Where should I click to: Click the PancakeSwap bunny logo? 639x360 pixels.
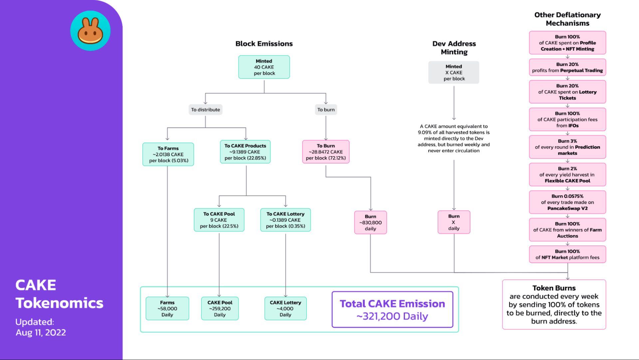(90, 31)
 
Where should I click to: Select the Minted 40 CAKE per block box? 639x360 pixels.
(264, 67)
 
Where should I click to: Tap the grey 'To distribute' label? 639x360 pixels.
(205, 110)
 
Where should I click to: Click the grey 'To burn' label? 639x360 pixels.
(326, 110)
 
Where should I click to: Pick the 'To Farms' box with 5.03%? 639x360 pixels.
(168, 154)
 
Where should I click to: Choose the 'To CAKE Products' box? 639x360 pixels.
(245, 152)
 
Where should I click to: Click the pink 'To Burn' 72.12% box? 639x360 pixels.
(326, 152)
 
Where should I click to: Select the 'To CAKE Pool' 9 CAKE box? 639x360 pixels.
(219, 220)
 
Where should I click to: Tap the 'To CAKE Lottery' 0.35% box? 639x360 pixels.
(286, 220)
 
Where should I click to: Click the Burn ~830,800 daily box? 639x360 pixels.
(370, 222)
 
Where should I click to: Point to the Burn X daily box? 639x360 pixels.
(454, 222)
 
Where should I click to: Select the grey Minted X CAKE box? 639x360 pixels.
(454, 72)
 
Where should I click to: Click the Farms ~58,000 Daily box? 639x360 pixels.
(167, 308)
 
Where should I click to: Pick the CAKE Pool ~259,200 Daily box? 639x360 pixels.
(220, 308)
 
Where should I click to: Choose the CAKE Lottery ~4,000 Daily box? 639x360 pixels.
(285, 308)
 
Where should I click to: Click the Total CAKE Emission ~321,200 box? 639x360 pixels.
(392, 310)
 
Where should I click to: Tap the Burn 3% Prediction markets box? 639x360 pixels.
(567, 147)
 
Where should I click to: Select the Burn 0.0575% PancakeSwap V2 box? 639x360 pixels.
(567, 202)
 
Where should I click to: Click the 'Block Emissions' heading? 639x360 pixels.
(264, 44)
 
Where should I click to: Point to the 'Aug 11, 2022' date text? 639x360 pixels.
(41, 332)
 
